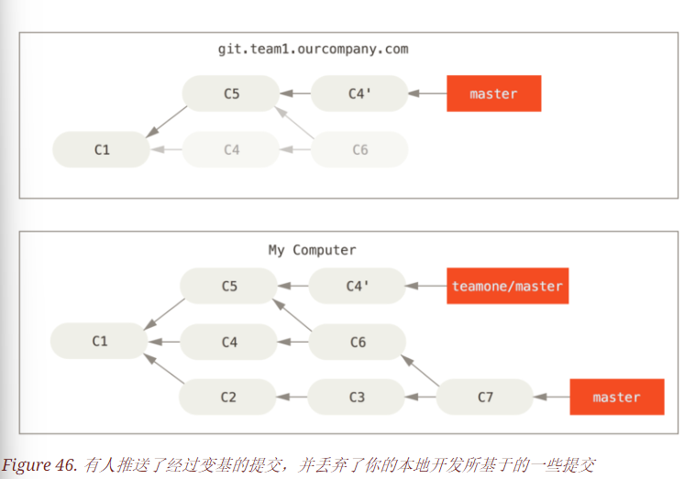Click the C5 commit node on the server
[230, 93]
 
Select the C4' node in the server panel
[359, 93]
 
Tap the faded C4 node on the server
[231, 149]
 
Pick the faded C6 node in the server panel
[359, 149]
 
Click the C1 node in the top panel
[101, 149]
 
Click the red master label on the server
[493, 93]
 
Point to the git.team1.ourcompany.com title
[313, 49]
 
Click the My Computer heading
[312, 250]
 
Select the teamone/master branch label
[507, 286]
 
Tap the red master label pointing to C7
[616, 397]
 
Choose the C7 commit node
[485, 397]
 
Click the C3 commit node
[357, 397]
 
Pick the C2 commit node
[228, 397]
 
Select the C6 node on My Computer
[358, 342]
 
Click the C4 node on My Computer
[229, 342]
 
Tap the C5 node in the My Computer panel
[229, 286]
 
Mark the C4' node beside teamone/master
[358, 286]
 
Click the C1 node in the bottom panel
[99, 341]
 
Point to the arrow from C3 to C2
[292, 397]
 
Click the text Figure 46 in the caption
[39, 464]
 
